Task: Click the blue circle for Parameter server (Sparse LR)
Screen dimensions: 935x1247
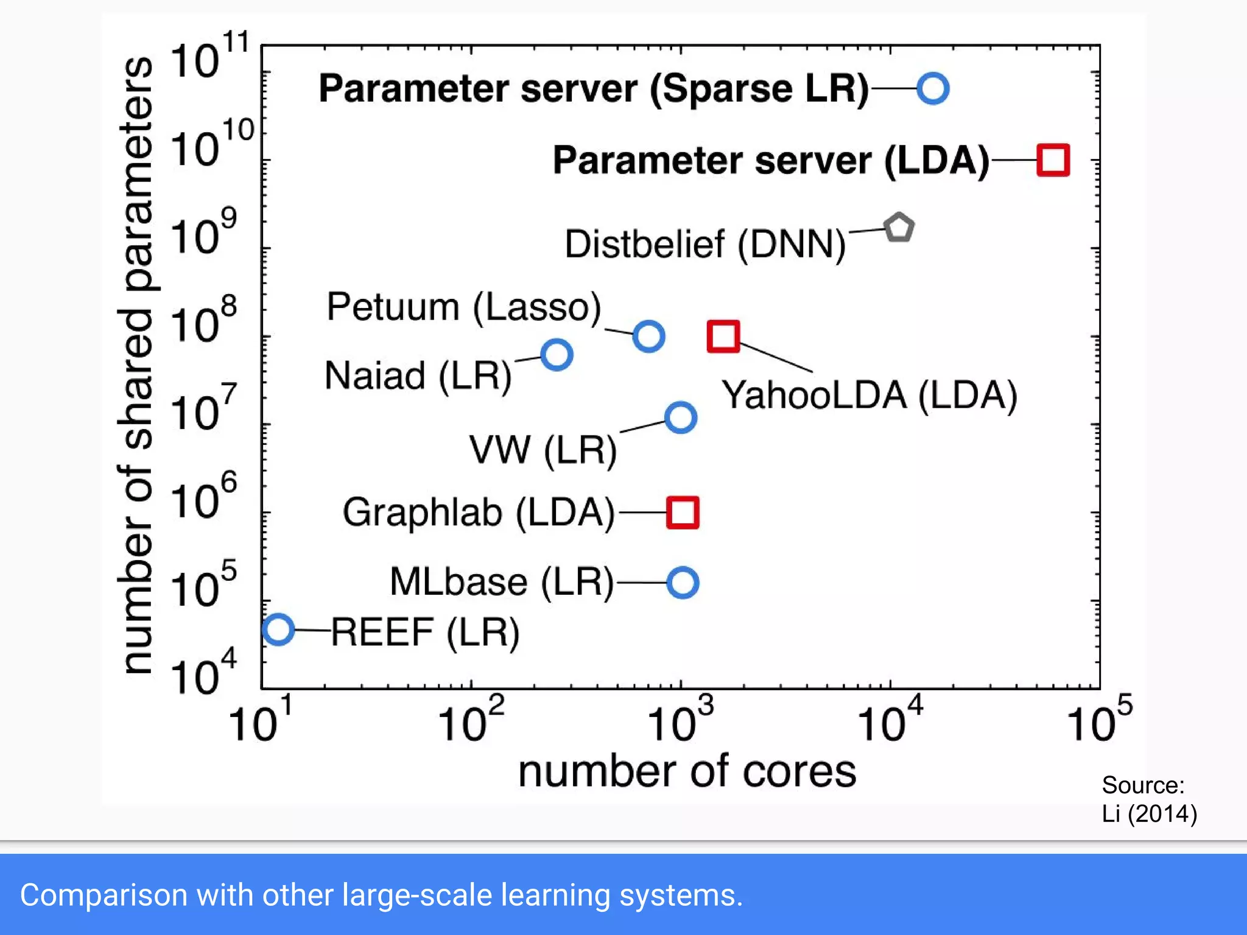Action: [x=933, y=89]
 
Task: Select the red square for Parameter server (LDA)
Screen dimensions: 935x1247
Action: [x=1053, y=160]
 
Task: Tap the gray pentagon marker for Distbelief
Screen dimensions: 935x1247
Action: [x=899, y=228]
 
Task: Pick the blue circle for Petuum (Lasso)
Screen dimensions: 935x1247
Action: [x=648, y=336]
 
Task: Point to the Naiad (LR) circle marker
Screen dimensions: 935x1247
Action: [x=557, y=355]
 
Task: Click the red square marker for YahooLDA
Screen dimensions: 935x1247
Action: [x=723, y=336]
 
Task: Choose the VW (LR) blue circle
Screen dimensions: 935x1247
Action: [x=681, y=418]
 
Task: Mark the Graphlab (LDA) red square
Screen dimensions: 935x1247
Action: [x=683, y=512]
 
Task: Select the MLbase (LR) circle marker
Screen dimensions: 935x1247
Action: [x=683, y=583]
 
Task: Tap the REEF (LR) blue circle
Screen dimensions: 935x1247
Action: [x=278, y=629]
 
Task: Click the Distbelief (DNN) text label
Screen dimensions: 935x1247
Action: [x=705, y=245]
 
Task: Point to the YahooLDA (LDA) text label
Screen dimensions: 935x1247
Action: [x=869, y=395]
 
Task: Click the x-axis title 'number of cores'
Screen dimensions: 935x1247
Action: [x=687, y=771]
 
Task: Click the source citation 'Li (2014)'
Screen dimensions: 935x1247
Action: [x=1149, y=814]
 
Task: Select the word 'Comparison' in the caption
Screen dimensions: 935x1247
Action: [x=104, y=895]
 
